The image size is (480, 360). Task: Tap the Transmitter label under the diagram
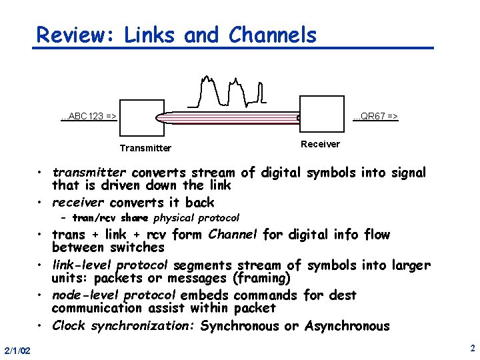point(145,148)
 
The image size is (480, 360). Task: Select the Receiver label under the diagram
point(320,144)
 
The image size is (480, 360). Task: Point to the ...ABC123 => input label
point(89,116)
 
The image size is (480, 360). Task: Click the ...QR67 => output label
point(375,116)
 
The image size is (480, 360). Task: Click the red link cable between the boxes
point(227,118)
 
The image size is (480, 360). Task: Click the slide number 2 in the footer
point(471,348)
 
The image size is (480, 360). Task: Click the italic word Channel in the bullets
point(233,234)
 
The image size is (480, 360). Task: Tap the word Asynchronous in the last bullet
point(347,326)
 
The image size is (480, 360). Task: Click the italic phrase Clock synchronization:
point(123,326)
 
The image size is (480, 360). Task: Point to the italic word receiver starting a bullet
point(79,202)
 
